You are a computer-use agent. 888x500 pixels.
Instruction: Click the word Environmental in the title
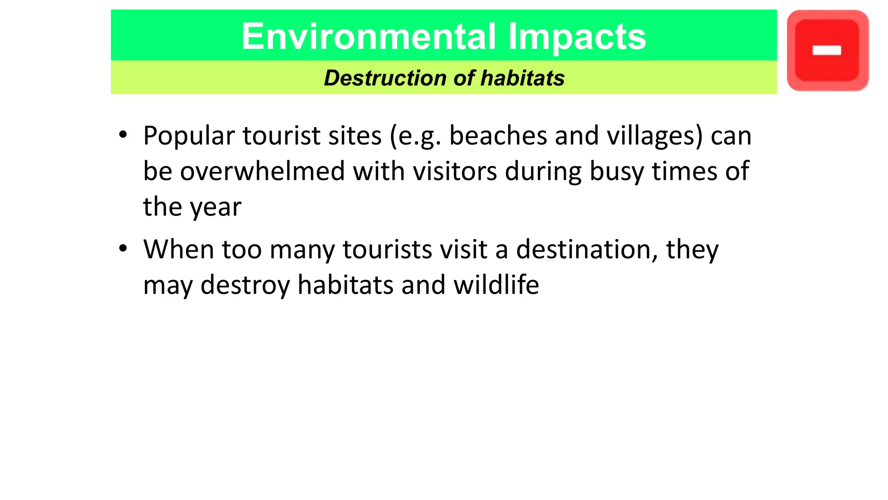click(x=368, y=36)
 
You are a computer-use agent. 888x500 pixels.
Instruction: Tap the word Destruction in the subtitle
click(x=385, y=78)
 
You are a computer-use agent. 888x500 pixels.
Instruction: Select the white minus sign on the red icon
click(x=827, y=51)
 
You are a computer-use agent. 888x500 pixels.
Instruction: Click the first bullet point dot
click(x=123, y=135)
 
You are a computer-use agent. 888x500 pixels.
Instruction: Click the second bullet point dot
click(x=123, y=249)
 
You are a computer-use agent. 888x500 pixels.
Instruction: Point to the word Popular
click(x=189, y=136)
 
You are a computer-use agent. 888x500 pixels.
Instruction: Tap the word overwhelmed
click(x=262, y=171)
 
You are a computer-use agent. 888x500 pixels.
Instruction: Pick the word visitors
click(x=455, y=171)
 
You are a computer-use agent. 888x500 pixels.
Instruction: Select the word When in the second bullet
click(x=179, y=250)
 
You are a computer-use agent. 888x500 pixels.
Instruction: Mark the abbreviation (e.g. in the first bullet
click(x=415, y=136)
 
